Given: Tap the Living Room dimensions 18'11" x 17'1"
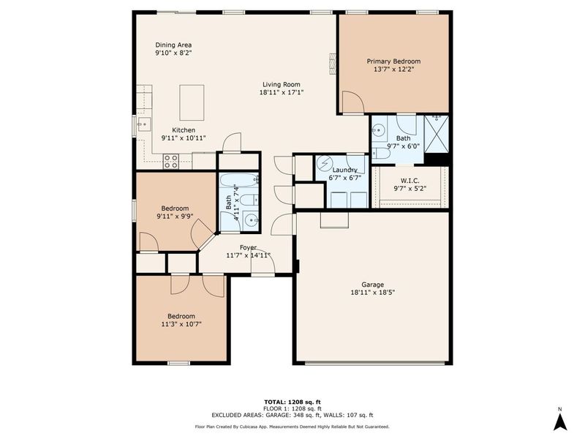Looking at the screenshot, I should click(281, 93).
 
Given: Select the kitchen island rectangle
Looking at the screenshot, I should click(192, 102).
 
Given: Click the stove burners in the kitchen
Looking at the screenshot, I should click(172, 161).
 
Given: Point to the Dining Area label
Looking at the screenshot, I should click(173, 45).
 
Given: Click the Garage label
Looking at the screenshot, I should click(372, 285).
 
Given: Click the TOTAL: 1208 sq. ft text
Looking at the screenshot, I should click(292, 402).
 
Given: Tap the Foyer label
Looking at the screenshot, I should click(249, 247).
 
